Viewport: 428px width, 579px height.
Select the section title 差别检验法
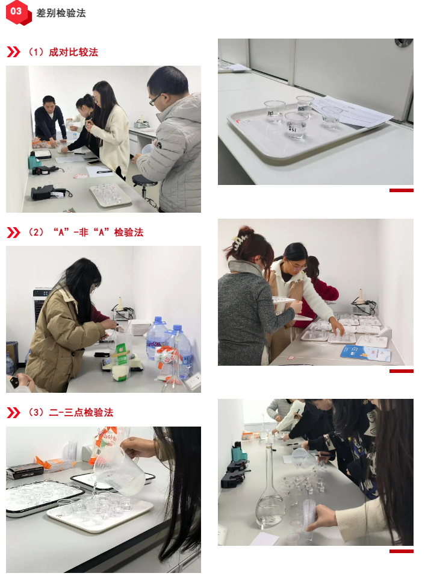point(61,13)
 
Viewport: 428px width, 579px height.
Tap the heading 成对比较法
point(73,52)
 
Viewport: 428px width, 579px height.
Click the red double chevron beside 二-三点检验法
point(13,413)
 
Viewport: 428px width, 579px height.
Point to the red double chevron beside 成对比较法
point(13,52)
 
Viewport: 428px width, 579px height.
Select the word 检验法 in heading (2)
point(129,233)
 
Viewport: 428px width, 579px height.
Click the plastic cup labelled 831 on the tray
point(296,125)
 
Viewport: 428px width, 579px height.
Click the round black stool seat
point(144,180)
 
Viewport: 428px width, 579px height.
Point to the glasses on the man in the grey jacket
point(155,99)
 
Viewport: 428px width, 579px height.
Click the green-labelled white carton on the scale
point(121,362)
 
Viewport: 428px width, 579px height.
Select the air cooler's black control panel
point(42,293)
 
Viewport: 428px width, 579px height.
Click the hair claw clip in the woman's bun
point(240,241)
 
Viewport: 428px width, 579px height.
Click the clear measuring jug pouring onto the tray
point(117,469)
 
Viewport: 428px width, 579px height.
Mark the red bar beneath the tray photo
point(402,190)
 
